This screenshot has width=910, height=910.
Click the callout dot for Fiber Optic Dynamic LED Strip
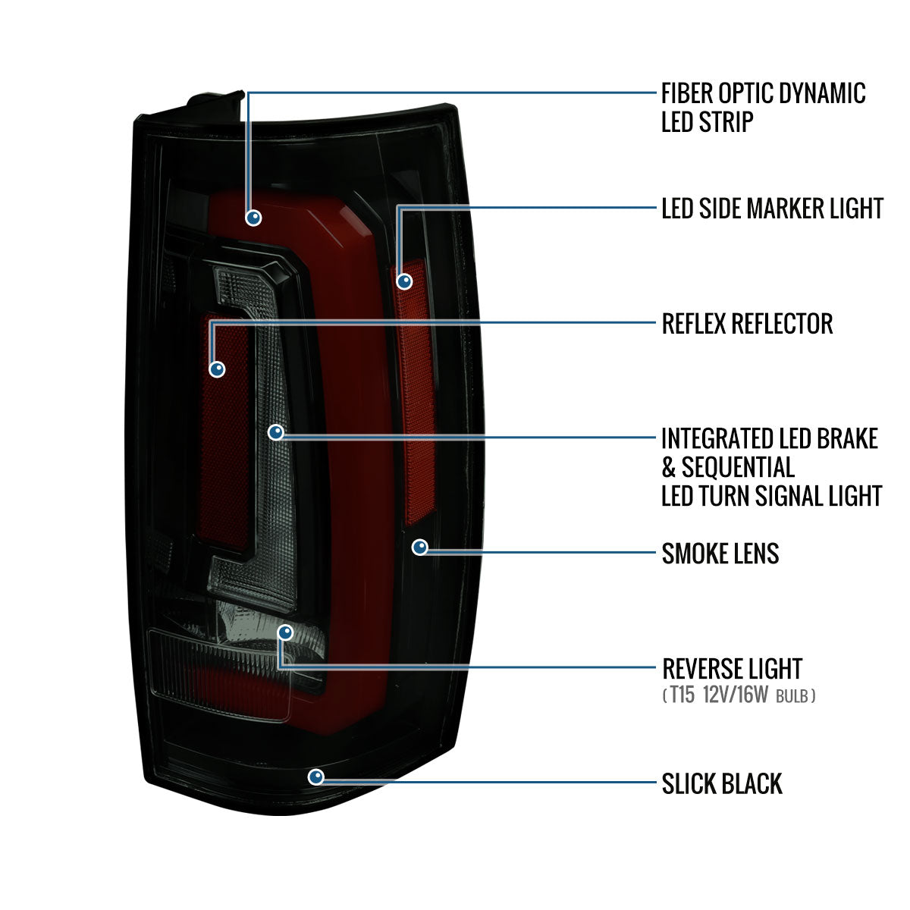point(253,217)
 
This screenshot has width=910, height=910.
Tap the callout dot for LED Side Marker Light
point(405,281)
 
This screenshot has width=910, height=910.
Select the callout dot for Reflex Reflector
point(218,369)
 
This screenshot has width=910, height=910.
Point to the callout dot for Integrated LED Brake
point(276,432)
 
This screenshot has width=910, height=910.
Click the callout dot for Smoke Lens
point(419,547)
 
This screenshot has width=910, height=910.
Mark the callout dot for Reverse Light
point(285,632)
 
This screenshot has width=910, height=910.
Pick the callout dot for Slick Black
point(315,777)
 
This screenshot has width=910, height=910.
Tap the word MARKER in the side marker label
point(781,208)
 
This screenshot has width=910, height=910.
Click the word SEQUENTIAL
point(738,467)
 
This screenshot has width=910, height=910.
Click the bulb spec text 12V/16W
point(735,695)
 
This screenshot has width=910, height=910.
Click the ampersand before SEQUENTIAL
point(668,467)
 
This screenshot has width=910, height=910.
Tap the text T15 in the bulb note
point(682,695)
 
